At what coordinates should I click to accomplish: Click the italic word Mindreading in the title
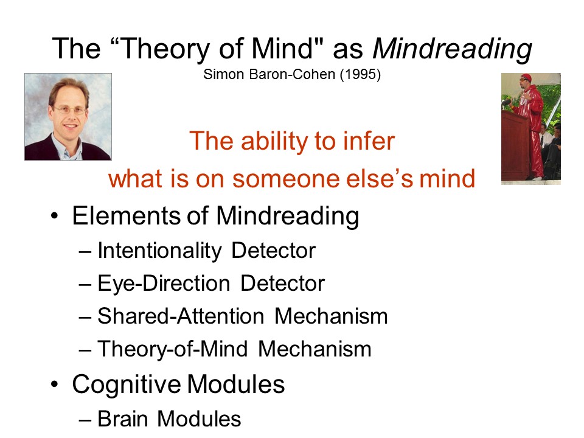pyautogui.click(x=452, y=49)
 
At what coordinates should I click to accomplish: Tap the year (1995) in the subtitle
pyautogui.click(x=360, y=74)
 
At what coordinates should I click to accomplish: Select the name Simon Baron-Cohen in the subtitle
pyautogui.click(x=269, y=74)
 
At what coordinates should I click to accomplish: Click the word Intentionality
pyautogui.click(x=159, y=251)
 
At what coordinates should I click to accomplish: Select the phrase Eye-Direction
pyautogui.click(x=164, y=284)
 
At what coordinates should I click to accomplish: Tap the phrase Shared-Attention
pyautogui.click(x=181, y=316)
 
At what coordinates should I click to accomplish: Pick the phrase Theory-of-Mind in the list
pyautogui.click(x=172, y=349)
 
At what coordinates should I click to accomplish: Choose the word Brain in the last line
pyautogui.click(x=122, y=419)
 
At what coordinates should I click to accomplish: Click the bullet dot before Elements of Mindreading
pyautogui.click(x=55, y=216)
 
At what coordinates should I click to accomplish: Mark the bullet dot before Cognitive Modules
pyautogui.click(x=55, y=384)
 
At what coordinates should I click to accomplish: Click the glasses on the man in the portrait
pyautogui.click(x=69, y=110)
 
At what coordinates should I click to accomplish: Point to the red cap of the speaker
pyautogui.click(x=526, y=77)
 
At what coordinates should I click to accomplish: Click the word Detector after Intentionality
pyautogui.click(x=273, y=250)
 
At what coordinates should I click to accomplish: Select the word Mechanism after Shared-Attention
pyautogui.click(x=331, y=316)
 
